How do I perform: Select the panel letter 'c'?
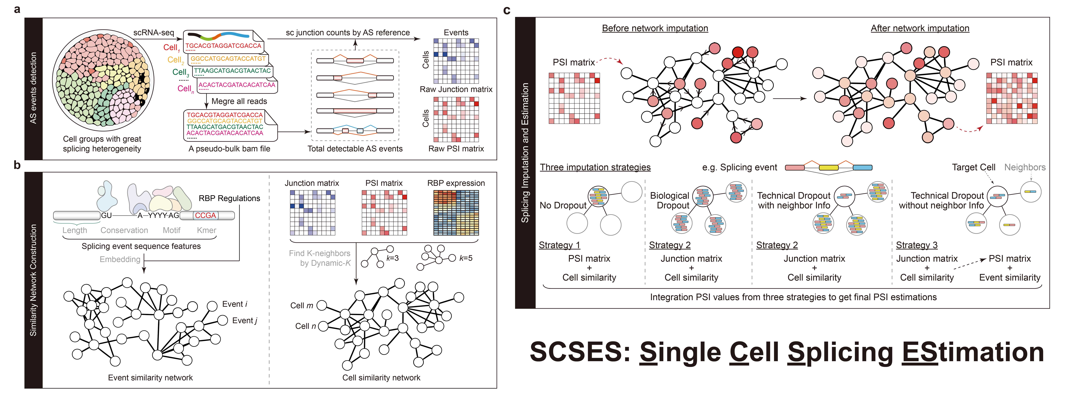(x=507, y=10)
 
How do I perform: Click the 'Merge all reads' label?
(x=239, y=101)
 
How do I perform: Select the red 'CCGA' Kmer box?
(x=206, y=215)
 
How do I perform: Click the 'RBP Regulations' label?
(x=229, y=198)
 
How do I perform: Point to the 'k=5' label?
(x=466, y=258)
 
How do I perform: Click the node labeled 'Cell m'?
(x=322, y=305)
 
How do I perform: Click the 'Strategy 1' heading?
(x=559, y=245)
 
